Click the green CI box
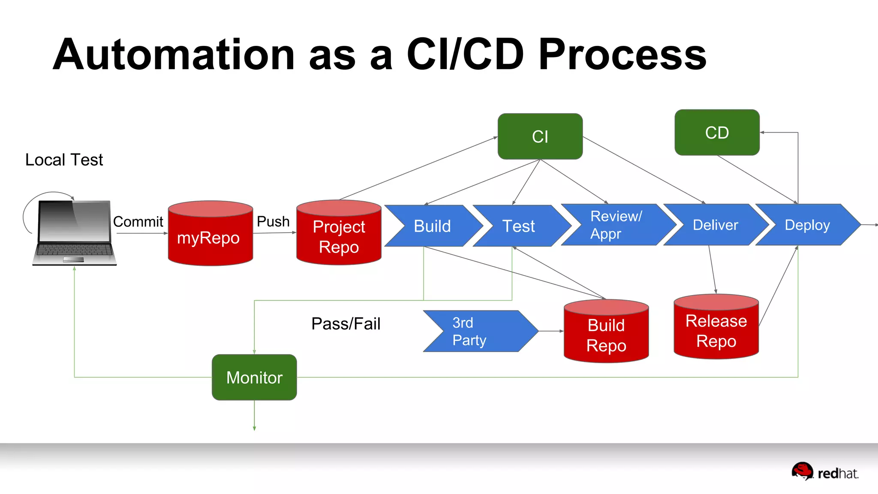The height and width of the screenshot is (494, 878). pos(540,136)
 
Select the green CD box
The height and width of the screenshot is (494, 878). pos(717,133)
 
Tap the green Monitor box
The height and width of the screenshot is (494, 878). pos(254,377)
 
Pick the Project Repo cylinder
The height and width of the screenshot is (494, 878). pos(339,236)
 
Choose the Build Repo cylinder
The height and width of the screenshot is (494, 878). pos(606,334)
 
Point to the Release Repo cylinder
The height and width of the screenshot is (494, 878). pos(716,330)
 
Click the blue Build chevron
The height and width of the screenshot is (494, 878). pos(432,226)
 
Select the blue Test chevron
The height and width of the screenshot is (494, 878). pos(519,226)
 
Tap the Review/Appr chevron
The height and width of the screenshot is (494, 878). pos(616,225)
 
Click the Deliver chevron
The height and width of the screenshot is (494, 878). pos(715,225)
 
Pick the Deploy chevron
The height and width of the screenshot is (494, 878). pos(807,225)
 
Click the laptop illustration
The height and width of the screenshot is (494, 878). pos(74,232)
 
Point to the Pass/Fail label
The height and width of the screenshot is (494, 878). pos(346,324)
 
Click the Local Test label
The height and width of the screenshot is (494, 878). pos(64,160)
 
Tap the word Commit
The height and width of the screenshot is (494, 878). pos(138,222)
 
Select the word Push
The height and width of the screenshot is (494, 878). pos(273,221)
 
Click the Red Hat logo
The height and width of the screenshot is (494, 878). pos(825,472)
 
